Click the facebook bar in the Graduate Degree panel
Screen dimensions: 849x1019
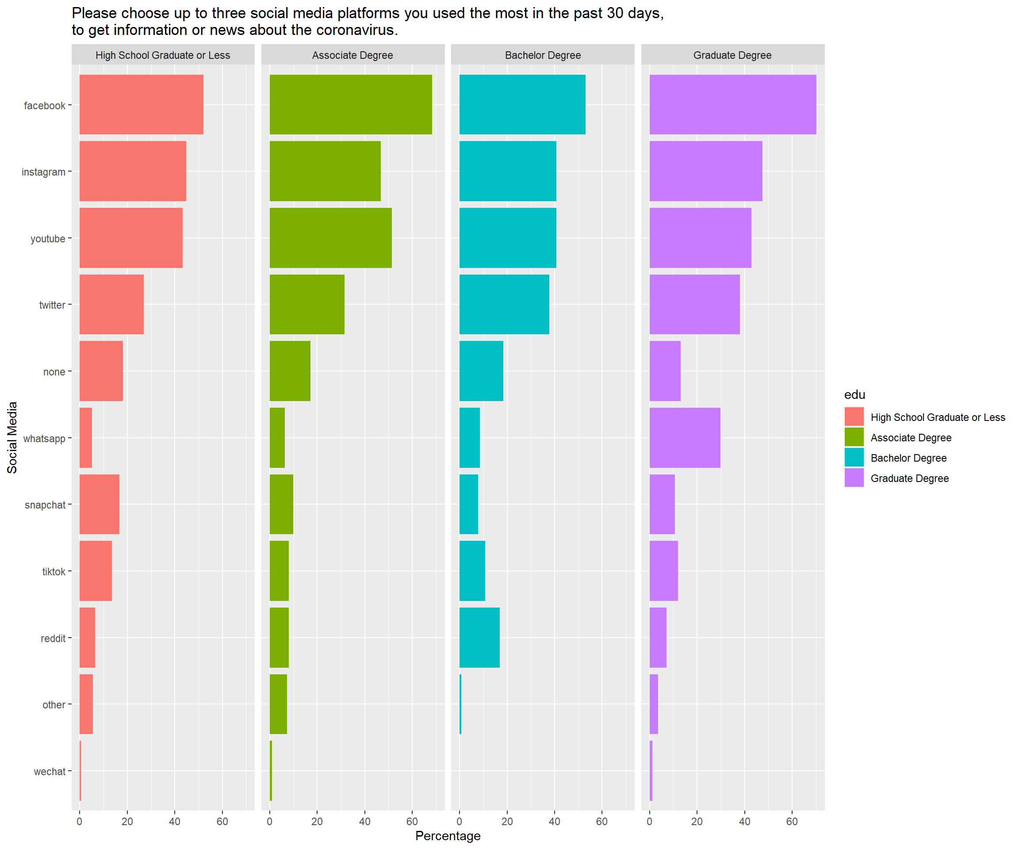[x=733, y=104]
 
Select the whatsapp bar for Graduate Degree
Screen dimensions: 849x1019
[x=685, y=438]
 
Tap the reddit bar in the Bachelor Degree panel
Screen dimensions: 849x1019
[x=479, y=638]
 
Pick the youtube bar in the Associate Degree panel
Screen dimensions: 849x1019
[x=330, y=238]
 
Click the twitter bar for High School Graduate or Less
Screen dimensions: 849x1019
[x=111, y=304]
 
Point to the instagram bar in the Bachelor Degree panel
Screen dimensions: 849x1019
[x=508, y=171]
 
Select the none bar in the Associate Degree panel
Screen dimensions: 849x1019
[x=290, y=371]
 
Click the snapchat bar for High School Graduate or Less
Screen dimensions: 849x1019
[x=100, y=504]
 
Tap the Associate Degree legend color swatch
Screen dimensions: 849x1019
[x=854, y=437]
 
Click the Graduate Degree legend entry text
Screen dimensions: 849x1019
[x=909, y=478]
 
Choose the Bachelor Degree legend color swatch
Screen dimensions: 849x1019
[x=854, y=458]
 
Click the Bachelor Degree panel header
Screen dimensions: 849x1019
[x=543, y=55]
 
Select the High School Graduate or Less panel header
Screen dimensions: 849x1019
[x=163, y=55]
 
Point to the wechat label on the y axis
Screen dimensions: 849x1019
[x=50, y=771]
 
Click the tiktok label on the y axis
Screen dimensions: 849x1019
[x=54, y=571]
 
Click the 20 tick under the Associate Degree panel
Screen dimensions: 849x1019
[x=317, y=821]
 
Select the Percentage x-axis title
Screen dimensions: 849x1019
[x=448, y=835]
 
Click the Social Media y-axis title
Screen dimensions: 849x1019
[x=12, y=438]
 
